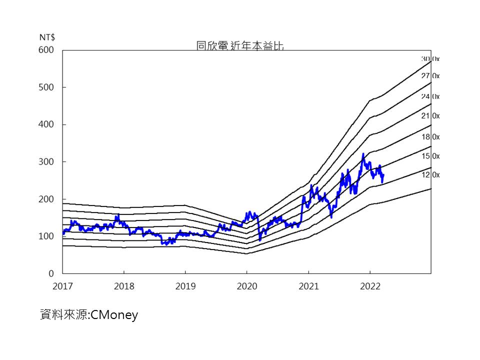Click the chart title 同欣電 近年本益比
240,46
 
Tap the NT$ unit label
47,37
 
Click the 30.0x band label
430,59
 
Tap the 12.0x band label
430,174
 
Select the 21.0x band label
430,116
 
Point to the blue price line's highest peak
363,154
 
